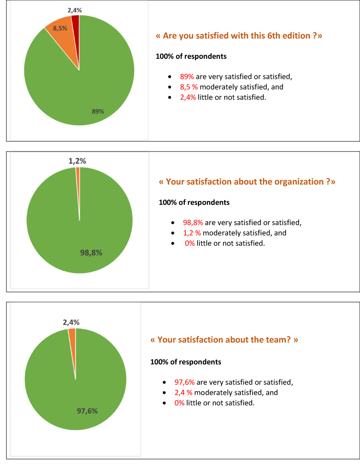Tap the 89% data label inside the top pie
(x=98, y=111)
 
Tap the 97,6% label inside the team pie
(x=87, y=411)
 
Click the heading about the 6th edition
(x=239, y=36)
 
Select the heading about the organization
(x=247, y=182)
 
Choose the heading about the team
(x=224, y=340)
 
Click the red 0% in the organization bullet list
(x=189, y=243)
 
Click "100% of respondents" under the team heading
(x=186, y=362)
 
